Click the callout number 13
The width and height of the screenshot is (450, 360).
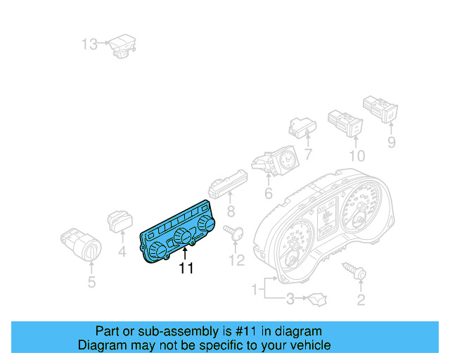(89, 45)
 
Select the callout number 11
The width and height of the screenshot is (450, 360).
(186, 268)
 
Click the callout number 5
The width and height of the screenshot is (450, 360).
(91, 283)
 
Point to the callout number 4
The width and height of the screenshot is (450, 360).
(122, 250)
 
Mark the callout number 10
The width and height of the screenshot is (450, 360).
(357, 155)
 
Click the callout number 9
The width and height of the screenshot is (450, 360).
(392, 143)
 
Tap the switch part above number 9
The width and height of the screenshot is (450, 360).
(380, 107)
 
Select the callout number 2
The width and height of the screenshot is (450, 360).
(361, 301)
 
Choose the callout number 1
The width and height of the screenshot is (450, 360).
(255, 289)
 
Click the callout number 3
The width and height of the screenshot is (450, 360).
(289, 301)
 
